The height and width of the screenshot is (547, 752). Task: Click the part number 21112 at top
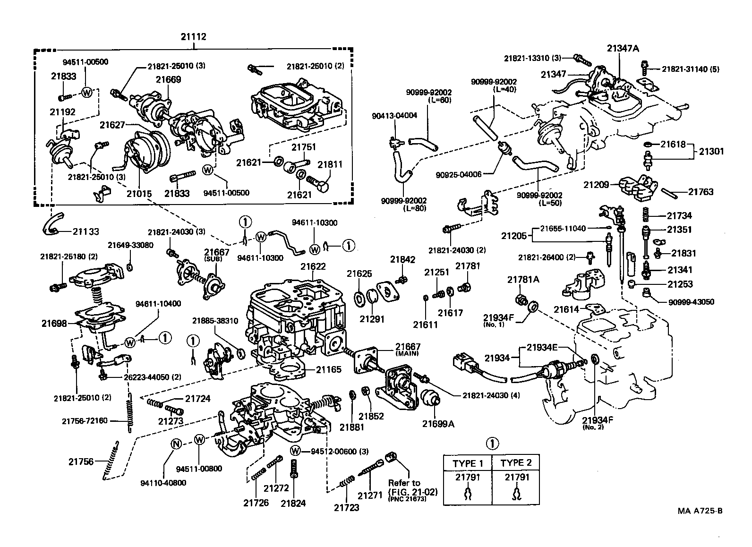point(193,36)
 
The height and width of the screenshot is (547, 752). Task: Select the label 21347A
point(623,48)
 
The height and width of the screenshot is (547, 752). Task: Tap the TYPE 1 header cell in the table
point(468,463)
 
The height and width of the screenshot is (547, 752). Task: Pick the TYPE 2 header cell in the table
point(515,463)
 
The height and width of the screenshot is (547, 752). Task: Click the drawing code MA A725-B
point(700,511)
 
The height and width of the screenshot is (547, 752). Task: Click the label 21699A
point(438,424)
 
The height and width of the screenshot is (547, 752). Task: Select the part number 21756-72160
point(85,420)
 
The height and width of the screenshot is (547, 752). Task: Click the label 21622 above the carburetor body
point(313,266)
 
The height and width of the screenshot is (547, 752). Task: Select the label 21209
point(596,185)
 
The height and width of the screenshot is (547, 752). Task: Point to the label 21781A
point(523,279)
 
